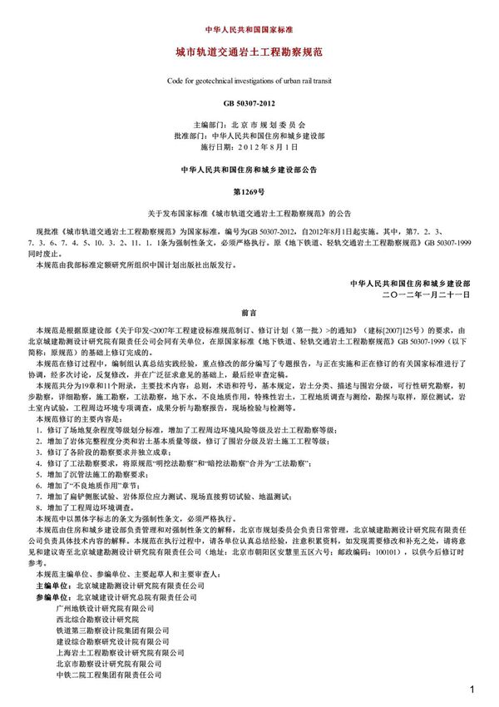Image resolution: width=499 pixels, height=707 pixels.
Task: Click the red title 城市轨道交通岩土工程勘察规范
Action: tap(249, 52)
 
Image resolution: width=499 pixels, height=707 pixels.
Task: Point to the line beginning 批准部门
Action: tap(249, 135)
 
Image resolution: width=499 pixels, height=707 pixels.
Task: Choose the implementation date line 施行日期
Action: tap(249, 146)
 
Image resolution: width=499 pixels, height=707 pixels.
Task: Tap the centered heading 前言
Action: tap(249, 314)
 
